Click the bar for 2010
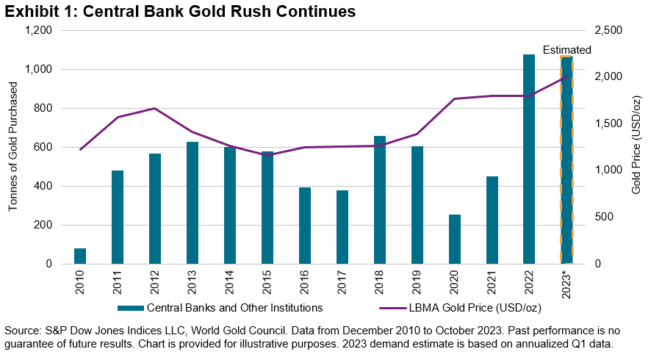80,256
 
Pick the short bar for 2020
455,240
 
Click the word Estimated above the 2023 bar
566,50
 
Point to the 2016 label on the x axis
305,282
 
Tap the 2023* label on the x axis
566,284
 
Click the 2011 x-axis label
118,282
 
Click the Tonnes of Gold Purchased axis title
13,147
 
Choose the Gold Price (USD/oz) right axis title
635,147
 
